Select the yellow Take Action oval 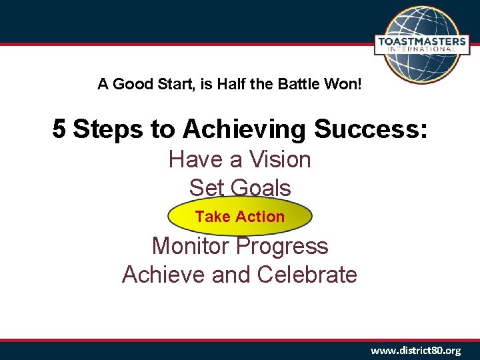pos(240,217)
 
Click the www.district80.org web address pos(415,350)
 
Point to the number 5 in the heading pos(59,129)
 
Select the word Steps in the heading pos(109,129)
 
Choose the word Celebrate pos(307,275)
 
